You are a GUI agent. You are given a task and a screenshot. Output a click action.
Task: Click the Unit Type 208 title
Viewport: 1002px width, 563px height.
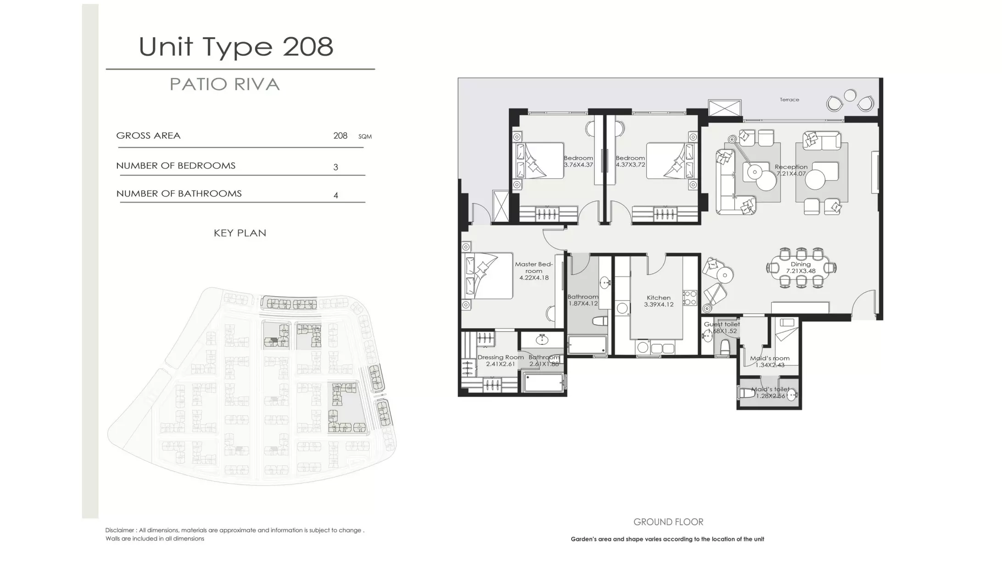click(236, 47)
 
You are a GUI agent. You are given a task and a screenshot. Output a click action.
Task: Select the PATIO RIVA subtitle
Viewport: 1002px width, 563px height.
click(224, 84)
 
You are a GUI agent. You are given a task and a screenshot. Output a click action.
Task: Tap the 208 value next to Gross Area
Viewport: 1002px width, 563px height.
click(340, 136)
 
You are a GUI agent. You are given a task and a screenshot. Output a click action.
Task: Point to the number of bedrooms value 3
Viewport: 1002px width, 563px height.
click(335, 167)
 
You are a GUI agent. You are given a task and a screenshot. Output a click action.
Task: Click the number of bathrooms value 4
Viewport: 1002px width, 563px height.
click(335, 196)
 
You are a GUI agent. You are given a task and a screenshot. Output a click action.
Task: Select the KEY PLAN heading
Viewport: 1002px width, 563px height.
click(239, 233)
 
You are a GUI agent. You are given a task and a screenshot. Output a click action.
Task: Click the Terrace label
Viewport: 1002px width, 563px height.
click(789, 100)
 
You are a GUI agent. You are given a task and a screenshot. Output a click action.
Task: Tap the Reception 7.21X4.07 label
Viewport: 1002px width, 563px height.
click(791, 170)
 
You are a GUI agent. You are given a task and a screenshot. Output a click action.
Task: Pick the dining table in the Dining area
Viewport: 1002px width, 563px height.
click(801, 268)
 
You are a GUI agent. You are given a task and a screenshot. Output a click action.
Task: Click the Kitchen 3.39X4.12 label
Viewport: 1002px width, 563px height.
click(658, 301)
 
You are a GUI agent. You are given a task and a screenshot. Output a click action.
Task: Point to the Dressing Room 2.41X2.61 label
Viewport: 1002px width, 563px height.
click(500, 360)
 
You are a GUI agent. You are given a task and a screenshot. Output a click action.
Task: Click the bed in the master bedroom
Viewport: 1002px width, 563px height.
click(489, 276)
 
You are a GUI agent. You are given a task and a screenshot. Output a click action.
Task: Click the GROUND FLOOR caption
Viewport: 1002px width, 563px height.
click(668, 522)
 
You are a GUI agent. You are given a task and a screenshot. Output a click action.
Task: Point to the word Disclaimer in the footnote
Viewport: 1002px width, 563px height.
click(120, 530)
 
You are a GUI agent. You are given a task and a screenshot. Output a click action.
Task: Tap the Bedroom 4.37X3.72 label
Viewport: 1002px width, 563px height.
click(630, 161)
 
